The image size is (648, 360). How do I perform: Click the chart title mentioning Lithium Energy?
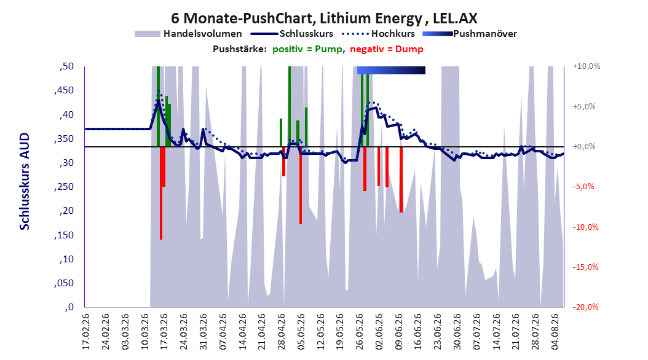pos(324,18)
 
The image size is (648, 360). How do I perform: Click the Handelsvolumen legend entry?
pos(188,34)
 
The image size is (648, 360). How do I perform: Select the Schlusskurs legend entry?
pos(292,34)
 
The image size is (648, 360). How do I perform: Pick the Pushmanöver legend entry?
pos(470,34)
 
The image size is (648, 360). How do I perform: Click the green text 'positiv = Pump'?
pos(307,49)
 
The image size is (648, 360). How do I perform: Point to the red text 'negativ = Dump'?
pos(387,49)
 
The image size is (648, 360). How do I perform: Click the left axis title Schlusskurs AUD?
pos(25,181)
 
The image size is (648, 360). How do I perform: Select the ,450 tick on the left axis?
pos(64,90)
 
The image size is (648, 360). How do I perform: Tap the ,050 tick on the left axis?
pos(64,283)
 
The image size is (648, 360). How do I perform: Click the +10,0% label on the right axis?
pos(587,66)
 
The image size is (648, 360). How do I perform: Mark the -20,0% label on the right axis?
pos(585,307)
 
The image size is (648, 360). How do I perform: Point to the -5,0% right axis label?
pos(583,187)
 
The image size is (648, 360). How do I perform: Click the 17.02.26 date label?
pos(86,332)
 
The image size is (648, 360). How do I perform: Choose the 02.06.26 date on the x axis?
pos(379,332)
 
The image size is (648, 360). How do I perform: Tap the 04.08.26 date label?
pos(555,332)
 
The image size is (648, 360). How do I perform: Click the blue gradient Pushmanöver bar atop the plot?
pos(391,70)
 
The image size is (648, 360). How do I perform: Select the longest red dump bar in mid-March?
pos(161,193)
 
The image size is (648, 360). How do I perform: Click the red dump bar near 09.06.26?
pos(401,179)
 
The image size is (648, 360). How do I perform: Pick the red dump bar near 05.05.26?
pos(301,186)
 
